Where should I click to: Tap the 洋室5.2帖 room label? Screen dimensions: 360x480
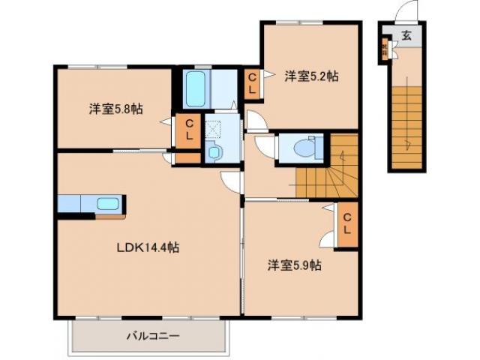pos(310,76)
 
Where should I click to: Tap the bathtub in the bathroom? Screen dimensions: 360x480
pos(196,88)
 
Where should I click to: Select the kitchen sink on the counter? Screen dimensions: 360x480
pos(108,203)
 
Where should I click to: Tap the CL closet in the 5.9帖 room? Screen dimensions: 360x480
pos(347,223)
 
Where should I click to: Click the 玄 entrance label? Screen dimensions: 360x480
pos(406,35)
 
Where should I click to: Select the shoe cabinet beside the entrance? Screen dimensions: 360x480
pos(385,50)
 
